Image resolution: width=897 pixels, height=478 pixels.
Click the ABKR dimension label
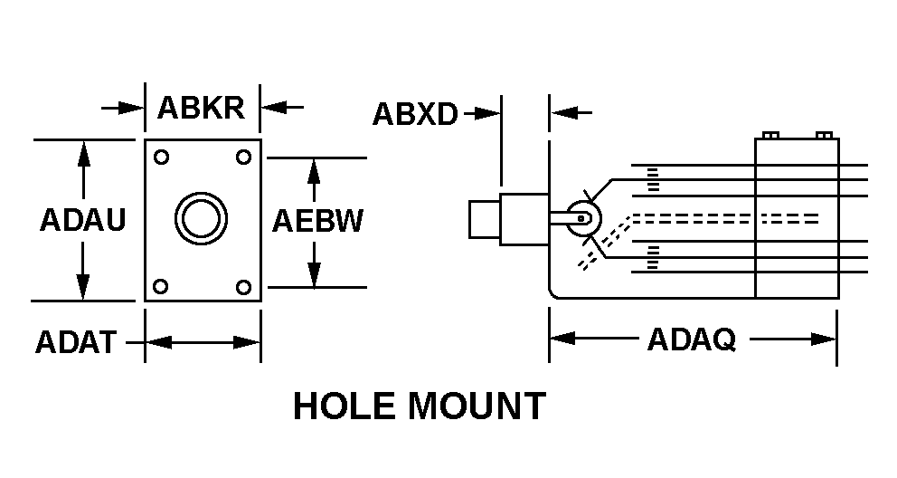201,108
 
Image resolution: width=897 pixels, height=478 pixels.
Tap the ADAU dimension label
82,221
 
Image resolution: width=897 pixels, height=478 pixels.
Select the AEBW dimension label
318,221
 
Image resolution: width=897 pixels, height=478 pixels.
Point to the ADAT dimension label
76,342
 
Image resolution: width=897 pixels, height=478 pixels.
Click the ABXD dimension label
415,114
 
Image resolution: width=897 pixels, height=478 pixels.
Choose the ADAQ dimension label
691,339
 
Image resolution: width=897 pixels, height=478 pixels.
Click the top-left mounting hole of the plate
161,157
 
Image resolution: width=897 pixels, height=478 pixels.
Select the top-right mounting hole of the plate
243,157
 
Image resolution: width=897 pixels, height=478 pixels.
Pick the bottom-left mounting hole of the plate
161,287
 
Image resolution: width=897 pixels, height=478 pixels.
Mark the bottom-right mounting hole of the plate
243,287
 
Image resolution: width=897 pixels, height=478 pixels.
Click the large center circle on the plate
201,218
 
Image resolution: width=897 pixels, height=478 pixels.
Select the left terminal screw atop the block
770,136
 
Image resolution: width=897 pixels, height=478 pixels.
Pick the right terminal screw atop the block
823,136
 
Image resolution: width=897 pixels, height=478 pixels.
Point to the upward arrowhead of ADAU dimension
83,150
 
